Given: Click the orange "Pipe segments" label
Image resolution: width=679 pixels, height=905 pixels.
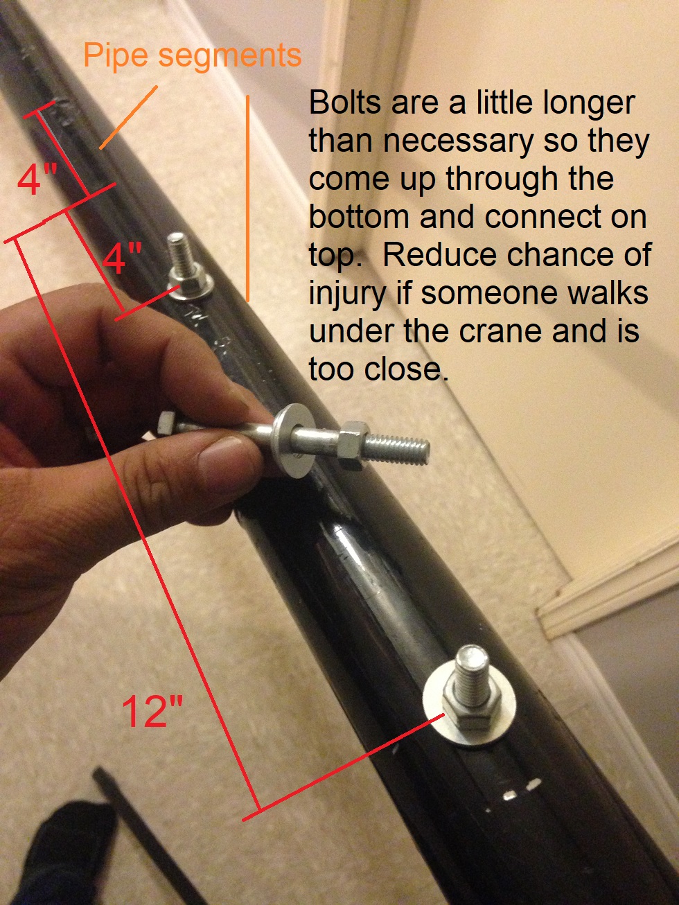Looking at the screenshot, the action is click(x=193, y=57).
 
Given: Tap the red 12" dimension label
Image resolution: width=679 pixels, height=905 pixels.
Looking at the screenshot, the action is click(x=152, y=711).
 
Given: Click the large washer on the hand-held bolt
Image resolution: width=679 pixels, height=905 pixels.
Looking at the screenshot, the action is click(x=292, y=440).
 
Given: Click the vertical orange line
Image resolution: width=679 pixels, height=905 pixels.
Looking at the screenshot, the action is click(x=247, y=198).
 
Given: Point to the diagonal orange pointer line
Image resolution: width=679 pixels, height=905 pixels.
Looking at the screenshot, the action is click(x=128, y=117).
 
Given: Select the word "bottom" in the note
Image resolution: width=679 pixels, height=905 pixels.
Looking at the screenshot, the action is click(x=359, y=217).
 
